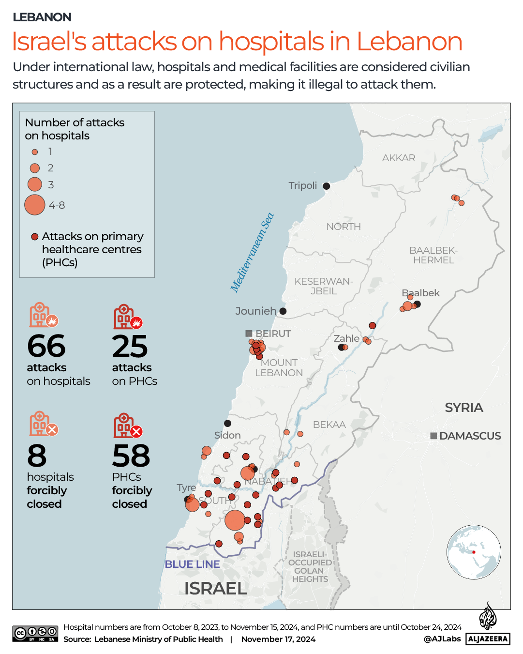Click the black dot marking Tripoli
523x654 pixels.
click(x=327, y=186)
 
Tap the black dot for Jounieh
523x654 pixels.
click(x=283, y=311)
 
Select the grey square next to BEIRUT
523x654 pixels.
click(x=249, y=334)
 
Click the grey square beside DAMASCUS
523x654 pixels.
click(x=434, y=436)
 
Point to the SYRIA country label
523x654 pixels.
click(x=463, y=408)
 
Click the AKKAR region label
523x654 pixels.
click(x=399, y=158)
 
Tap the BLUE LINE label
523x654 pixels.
click(x=192, y=564)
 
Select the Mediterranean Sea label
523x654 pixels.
click(x=252, y=253)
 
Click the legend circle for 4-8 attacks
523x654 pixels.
click(x=35, y=205)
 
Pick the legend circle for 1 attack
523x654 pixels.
click(x=35, y=152)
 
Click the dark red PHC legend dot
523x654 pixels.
click(x=35, y=237)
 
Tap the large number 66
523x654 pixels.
click(x=46, y=346)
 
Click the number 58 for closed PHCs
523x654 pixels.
click(x=131, y=456)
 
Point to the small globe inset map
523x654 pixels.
click(x=474, y=552)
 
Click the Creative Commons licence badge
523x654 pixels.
click(x=35, y=633)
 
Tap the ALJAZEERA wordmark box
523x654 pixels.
click(x=488, y=639)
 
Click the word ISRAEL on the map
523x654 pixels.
click(x=216, y=588)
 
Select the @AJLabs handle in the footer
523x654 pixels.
click(x=442, y=639)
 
